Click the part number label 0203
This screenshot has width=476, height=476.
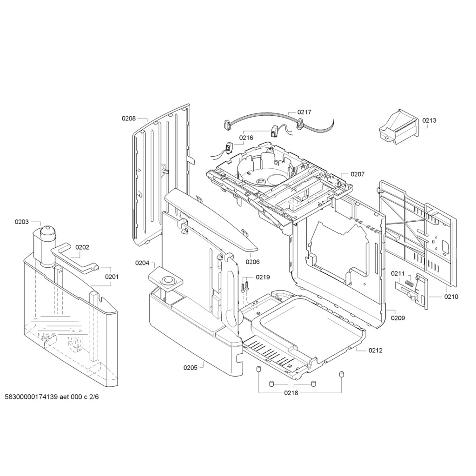pyautogui.click(x=21, y=222)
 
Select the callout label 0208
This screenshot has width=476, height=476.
pyautogui.click(x=129, y=119)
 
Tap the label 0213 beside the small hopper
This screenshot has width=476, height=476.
pyautogui.click(x=429, y=120)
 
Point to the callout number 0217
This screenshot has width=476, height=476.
pyautogui.click(x=304, y=112)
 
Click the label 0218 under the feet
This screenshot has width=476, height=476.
pyautogui.click(x=291, y=393)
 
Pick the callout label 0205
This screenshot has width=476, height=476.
pyautogui.click(x=190, y=368)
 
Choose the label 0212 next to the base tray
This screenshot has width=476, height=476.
pyautogui.click(x=376, y=350)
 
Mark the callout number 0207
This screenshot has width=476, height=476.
pyautogui.click(x=357, y=174)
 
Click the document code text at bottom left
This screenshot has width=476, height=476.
pyautogui.click(x=52, y=397)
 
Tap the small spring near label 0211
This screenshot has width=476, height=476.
pyautogui.click(x=410, y=283)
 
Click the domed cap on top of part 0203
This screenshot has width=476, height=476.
pyautogui.click(x=48, y=231)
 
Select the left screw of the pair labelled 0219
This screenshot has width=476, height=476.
pyautogui.click(x=243, y=287)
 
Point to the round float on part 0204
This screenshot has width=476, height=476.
pyautogui.click(x=167, y=280)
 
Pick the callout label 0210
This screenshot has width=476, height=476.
pyautogui.click(x=451, y=297)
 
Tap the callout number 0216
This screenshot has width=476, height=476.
pyautogui.click(x=246, y=138)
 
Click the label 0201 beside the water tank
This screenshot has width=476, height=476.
pyautogui.click(x=112, y=277)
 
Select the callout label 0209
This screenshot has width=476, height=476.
pyautogui.click(x=398, y=318)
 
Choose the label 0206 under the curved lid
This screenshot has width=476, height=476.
pyautogui.click(x=252, y=262)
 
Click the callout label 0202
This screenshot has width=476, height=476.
pyautogui.click(x=82, y=247)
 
